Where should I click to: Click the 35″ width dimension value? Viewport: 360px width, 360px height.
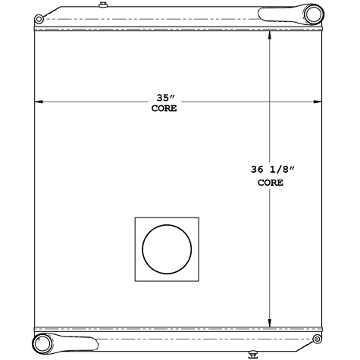pyautogui.click(x=164, y=99)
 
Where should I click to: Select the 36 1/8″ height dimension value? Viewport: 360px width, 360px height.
pyautogui.click(x=270, y=171)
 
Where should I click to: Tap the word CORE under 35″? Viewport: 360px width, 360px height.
pyautogui.click(x=164, y=109)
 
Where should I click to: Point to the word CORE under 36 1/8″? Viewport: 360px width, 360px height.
pyautogui.click(x=270, y=183)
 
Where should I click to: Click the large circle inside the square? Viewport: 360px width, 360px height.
pyautogui.click(x=167, y=249)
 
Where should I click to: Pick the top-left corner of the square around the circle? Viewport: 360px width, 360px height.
pyautogui.click(x=136, y=218)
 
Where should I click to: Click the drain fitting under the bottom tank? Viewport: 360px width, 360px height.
pyautogui.click(x=253, y=352)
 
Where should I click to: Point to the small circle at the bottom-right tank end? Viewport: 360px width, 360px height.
pyautogui.click(x=316, y=338)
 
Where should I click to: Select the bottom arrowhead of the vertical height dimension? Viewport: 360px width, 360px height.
pyautogui.click(x=271, y=322)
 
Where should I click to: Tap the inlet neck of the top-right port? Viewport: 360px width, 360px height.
pyautogui.click(x=280, y=14)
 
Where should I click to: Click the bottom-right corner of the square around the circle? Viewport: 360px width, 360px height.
pyautogui.click(x=200, y=281)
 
